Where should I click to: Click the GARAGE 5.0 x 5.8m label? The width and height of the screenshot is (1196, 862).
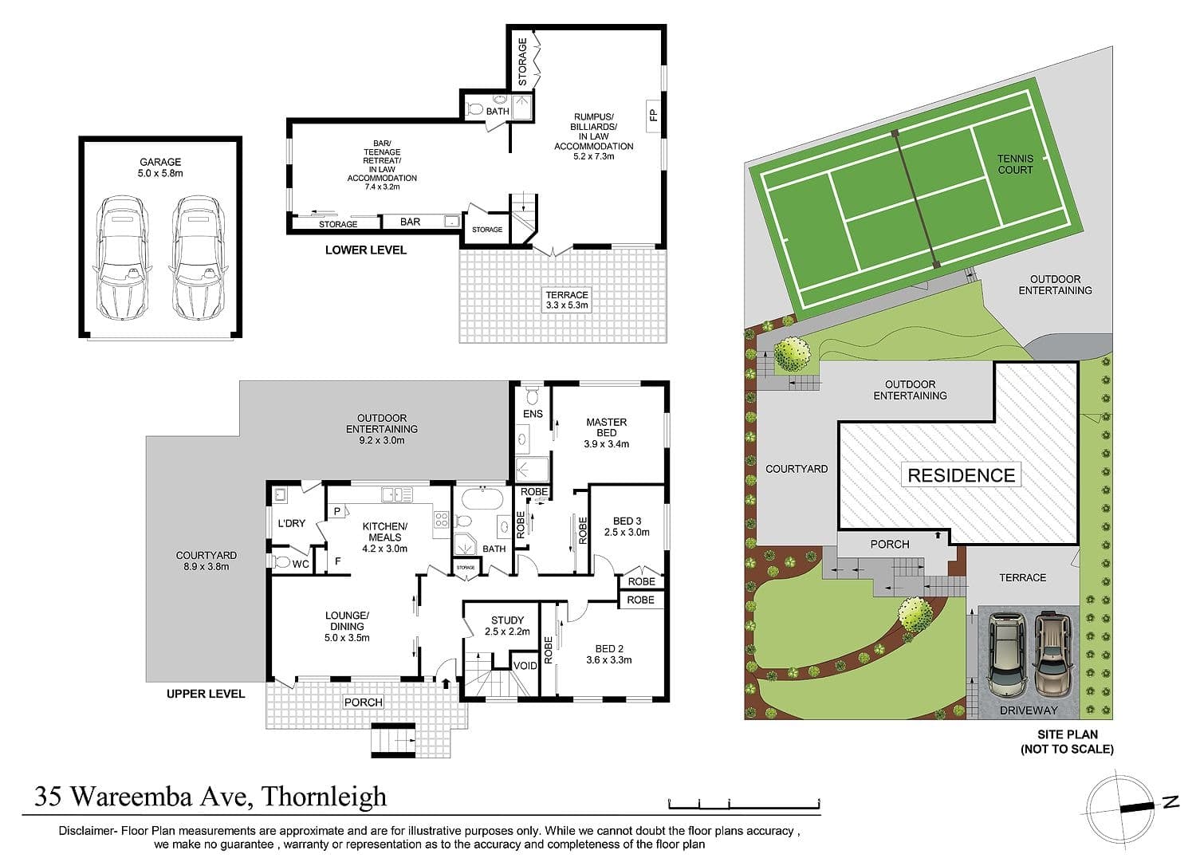[x=160, y=167]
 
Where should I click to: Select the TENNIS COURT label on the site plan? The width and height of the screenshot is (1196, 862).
[x=1015, y=164]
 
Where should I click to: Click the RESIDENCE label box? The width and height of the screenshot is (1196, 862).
[x=961, y=474]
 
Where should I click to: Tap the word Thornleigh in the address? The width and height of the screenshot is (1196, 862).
[x=324, y=797]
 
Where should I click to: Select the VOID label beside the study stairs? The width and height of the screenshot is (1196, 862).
[x=525, y=666]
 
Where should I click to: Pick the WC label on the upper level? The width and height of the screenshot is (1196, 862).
[x=301, y=564]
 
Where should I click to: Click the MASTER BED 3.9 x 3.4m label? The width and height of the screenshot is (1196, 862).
[x=607, y=433]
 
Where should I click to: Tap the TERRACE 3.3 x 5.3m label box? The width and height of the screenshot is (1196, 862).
[x=566, y=300]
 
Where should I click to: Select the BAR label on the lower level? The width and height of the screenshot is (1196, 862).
[x=410, y=222]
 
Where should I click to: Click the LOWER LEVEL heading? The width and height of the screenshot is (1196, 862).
[x=366, y=250]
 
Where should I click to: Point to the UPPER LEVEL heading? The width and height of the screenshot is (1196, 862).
[x=206, y=694]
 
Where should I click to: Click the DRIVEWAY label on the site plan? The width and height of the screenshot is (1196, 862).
[x=1029, y=710]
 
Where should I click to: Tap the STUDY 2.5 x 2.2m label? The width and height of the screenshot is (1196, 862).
[x=507, y=625]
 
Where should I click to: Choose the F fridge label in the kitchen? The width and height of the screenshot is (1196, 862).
[x=337, y=561]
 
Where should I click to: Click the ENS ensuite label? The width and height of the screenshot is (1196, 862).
[x=533, y=414]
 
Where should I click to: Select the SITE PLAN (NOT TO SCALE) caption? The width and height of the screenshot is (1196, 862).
[x=1068, y=742]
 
